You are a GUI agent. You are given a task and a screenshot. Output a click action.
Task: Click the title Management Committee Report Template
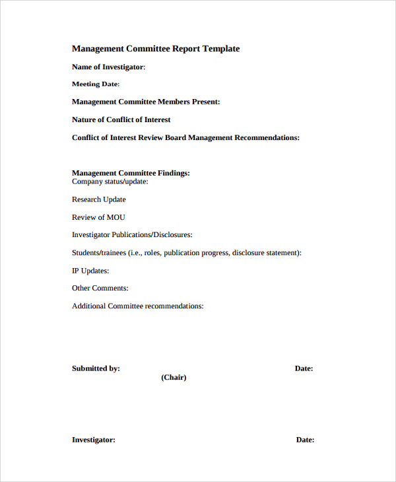(x=156, y=49)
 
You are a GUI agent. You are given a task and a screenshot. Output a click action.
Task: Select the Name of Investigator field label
(x=108, y=67)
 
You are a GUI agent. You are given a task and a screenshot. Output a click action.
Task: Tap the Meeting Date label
(x=95, y=85)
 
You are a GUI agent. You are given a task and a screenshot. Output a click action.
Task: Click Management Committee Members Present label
(x=145, y=102)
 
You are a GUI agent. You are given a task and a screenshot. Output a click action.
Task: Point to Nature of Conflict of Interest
(x=121, y=120)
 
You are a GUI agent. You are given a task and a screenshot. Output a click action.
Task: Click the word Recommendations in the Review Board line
(x=266, y=137)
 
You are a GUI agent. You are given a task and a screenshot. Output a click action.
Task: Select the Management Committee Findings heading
(x=131, y=173)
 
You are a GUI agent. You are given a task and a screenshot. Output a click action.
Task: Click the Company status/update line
(x=110, y=182)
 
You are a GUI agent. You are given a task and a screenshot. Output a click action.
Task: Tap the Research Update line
(x=98, y=199)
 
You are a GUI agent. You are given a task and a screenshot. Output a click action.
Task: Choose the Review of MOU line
(x=98, y=217)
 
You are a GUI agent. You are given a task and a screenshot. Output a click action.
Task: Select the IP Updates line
(x=90, y=271)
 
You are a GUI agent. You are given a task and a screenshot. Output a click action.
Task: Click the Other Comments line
(x=100, y=289)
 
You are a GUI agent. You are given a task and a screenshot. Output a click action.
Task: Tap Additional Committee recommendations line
(x=137, y=306)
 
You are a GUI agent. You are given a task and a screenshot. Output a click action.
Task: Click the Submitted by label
(x=96, y=368)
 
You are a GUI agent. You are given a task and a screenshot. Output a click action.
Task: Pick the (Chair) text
(x=174, y=378)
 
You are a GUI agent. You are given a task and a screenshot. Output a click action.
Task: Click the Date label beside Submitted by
(x=304, y=368)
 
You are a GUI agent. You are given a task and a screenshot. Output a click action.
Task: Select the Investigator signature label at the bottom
(x=93, y=440)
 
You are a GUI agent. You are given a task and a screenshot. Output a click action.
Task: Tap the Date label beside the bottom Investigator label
(x=305, y=440)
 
